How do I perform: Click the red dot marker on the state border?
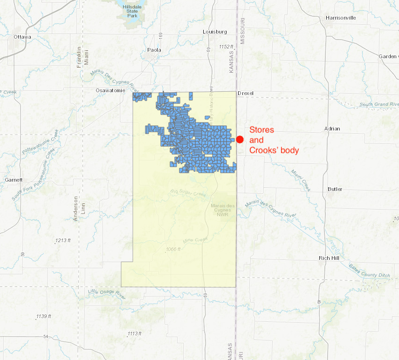point(240,139)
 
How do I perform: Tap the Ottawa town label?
point(22,37)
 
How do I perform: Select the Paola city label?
point(154,50)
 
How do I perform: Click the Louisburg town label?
point(214,32)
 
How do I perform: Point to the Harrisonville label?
point(341,18)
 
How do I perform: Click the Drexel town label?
point(246,93)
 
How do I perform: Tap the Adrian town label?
point(332,129)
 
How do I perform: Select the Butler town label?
point(335,189)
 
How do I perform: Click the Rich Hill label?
point(330,258)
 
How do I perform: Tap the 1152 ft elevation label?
point(226,47)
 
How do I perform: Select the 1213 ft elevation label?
point(62,240)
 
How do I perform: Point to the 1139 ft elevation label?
point(43,316)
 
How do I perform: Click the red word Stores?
point(261,130)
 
